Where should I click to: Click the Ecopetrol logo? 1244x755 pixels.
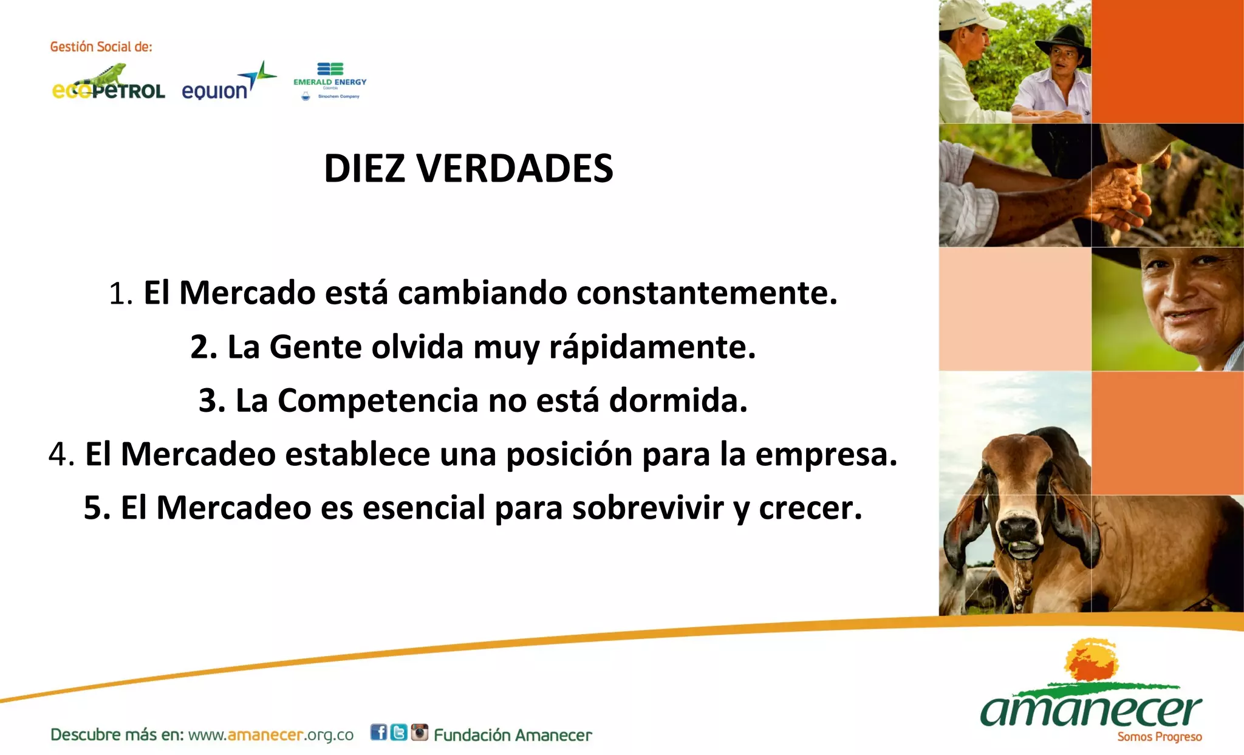click(x=109, y=86)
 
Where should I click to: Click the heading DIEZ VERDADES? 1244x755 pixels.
click(x=468, y=168)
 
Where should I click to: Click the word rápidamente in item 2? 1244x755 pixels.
click(x=652, y=347)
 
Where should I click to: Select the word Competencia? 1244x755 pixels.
click(x=378, y=401)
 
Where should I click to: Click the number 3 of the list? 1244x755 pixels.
click(x=210, y=401)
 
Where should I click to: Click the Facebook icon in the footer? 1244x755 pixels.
click(x=378, y=733)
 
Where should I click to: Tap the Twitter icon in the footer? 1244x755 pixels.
click(x=398, y=733)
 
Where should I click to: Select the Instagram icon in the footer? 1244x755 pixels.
click(x=419, y=733)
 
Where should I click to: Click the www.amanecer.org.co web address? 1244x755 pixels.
click(x=271, y=735)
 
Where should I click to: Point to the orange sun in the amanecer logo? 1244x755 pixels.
click(x=1092, y=660)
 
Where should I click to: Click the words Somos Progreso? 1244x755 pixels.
click(x=1159, y=737)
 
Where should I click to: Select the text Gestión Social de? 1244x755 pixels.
click(x=101, y=47)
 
